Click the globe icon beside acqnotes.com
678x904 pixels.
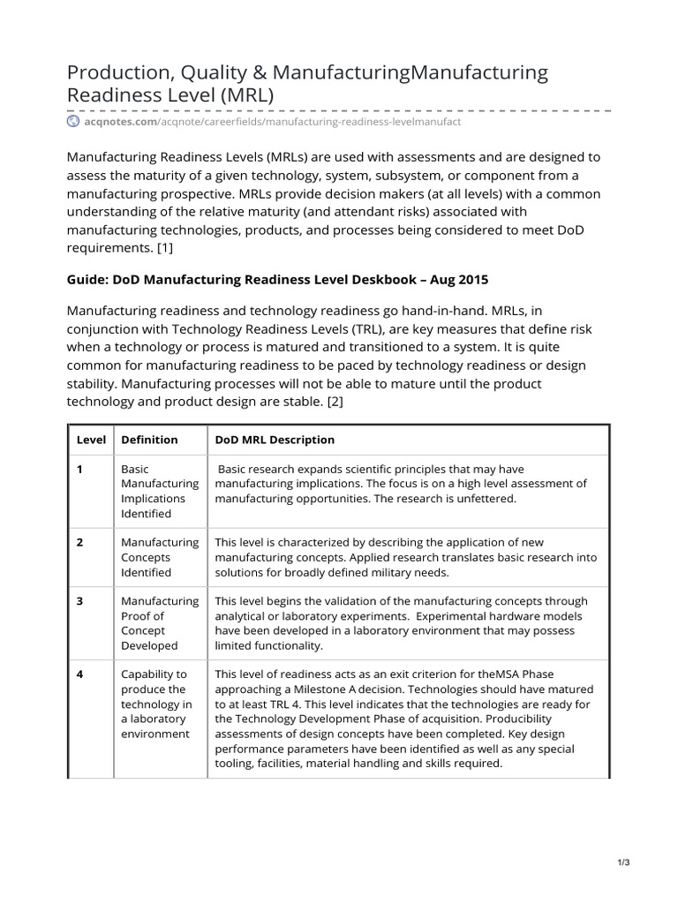click(x=74, y=121)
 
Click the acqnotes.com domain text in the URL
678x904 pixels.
click(x=119, y=121)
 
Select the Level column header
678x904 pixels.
click(x=91, y=440)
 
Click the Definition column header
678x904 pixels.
click(x=149, y=440)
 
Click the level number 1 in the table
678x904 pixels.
click(x=79, y=470)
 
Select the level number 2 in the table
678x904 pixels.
click(x=79, y=542)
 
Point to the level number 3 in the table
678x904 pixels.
click(x=79, y=601)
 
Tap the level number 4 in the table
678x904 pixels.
click(x=79, y=674)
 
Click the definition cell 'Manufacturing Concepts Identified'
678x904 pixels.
click(x=159, y=557)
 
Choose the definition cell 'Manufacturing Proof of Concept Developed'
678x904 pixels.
click(x=159, y=623)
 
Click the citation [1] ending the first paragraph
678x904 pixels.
click(x=163, y=248)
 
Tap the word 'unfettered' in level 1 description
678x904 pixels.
click(x=486, y=498)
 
